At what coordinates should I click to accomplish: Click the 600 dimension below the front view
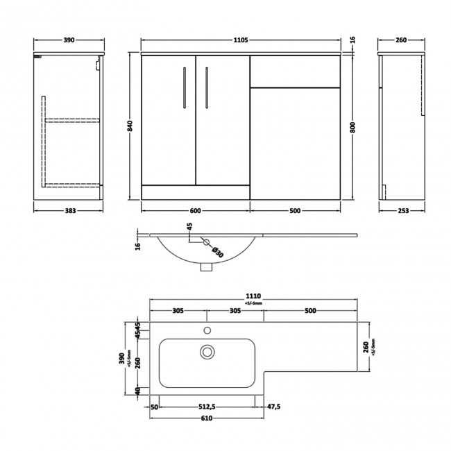click(195, 211)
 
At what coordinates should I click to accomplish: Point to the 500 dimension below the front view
click(296, 211)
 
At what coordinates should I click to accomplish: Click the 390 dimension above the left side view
click(68, 41)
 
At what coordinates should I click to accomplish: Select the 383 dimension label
click(68, 211)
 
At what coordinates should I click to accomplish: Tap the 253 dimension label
click(402, 211)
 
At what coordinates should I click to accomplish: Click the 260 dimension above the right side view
click(401, 41)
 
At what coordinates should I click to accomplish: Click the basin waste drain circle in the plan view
click(207, 352)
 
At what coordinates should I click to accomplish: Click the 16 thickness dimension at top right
click(353, 41)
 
